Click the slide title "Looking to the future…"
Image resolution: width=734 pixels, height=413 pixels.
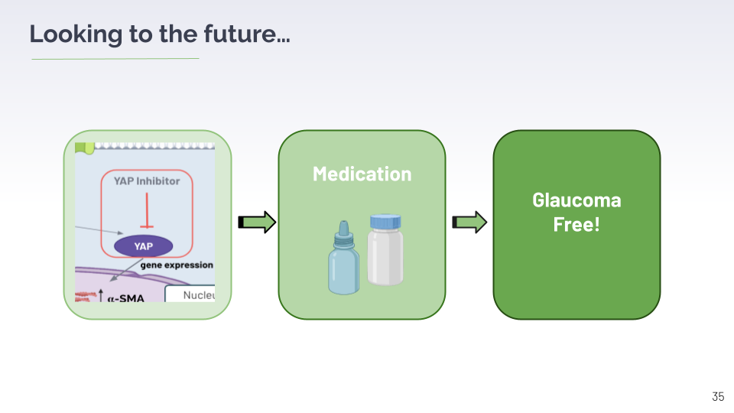[160, 34]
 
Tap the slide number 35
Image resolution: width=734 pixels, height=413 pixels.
[717, 396]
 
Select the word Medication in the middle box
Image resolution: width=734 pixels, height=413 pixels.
[362, 174]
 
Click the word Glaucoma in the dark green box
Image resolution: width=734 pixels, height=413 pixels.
[576, 200]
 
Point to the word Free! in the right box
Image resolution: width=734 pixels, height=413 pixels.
[576, 226]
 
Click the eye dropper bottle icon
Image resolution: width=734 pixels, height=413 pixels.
[343, 260]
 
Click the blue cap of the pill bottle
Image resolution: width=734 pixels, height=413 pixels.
[385, 222]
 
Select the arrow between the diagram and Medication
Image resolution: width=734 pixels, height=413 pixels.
[257, 223]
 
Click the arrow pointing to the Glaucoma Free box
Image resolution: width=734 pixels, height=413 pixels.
[469, 223]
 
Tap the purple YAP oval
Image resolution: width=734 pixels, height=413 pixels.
[144, 246]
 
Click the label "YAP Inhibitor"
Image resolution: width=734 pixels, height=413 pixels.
[147, 181]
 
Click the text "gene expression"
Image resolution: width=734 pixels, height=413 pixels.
[177, 265]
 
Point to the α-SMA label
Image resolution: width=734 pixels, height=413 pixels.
[125, 297]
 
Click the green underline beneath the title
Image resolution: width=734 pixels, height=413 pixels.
[115, 58]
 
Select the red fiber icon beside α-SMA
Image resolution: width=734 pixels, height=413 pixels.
[85, 296]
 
